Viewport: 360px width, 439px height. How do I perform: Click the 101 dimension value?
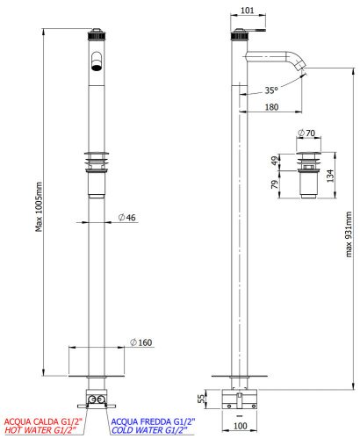coord(248,11)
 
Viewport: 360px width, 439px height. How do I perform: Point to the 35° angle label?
coord(271,90)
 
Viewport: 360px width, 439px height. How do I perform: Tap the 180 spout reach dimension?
coord(271,107)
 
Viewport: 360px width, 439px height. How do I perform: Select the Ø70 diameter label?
coord(306,133)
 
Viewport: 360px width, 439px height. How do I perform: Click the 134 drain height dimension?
coord(330,176)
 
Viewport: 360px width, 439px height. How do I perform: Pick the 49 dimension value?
coord(274,161)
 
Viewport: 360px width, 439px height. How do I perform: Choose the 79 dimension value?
coord(274,184)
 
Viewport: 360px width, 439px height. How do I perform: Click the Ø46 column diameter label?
coord(127,218)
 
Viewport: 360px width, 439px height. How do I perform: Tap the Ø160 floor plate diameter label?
coord(140,342)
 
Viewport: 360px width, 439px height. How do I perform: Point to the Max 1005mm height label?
coord(39,207)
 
